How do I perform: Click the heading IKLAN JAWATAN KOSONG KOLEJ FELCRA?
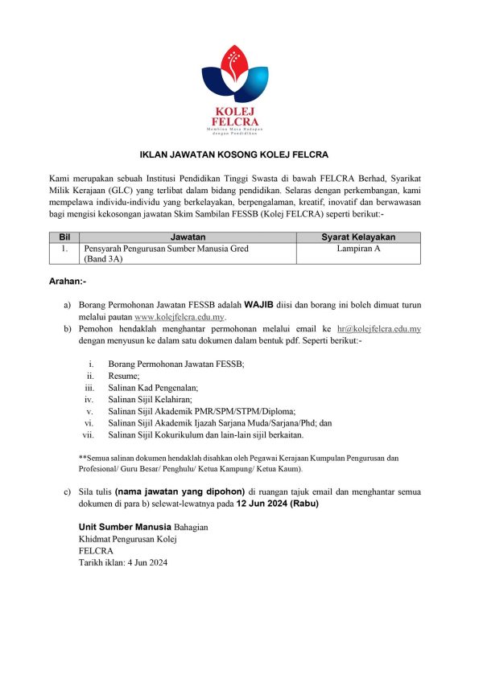(x=241, y=154)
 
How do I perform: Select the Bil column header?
(x=65, y=237)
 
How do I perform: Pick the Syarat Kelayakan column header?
(x=358, y=237)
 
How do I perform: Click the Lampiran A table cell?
(x=358, y=249)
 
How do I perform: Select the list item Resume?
(x=124, y=376)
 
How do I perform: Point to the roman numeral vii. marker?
(x=89, y=435)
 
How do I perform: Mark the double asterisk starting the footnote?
(x=81, y=457)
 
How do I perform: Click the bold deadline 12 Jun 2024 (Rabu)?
(x=277, y=503)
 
